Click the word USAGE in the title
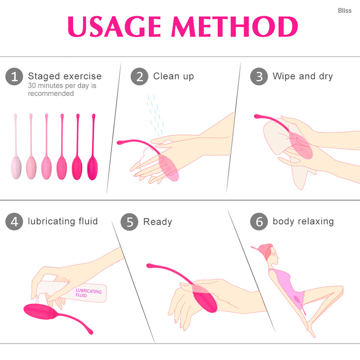(114, 27)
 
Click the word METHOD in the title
(235, 27)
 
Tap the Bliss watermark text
(345, 10)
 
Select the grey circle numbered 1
(14, 76)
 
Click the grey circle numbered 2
(139, 76)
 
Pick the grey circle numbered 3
(259, 76)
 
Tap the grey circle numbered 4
(14, 222)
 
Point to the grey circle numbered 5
(130, 222)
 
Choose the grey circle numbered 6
(259, 222)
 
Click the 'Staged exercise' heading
(65, 76)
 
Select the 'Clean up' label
(174, 76)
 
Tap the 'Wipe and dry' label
(303, 76)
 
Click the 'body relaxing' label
(303, 221)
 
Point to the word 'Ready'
(158, 222)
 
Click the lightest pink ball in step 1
(16, 168)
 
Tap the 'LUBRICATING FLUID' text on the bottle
(88, 293)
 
